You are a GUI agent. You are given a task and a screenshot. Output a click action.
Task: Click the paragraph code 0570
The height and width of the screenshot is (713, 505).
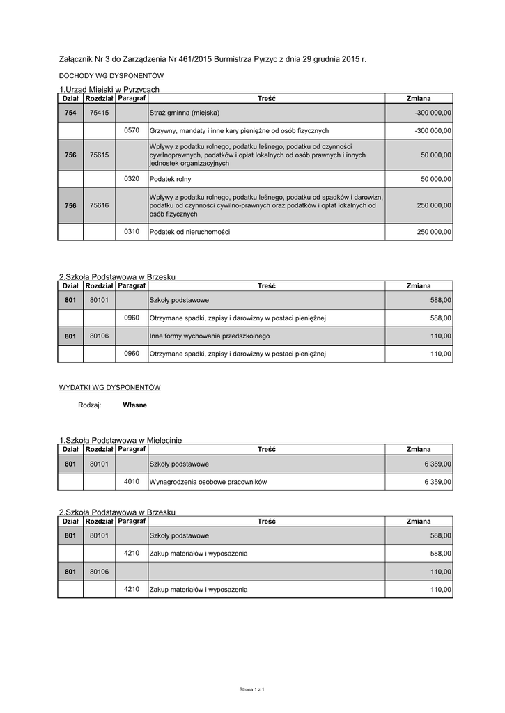tap(132, 130)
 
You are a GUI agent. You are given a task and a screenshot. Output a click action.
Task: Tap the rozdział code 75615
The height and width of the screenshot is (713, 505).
tap(99, 155)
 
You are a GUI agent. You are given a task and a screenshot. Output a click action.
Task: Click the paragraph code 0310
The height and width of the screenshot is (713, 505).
tap(132, 231)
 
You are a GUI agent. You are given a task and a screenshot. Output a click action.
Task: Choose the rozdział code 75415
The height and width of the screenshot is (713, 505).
tap(99, 113)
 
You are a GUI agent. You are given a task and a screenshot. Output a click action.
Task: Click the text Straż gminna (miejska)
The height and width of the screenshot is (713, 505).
tap(185, 113)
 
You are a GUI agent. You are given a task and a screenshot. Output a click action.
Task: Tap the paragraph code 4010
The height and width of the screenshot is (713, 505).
tap(132, 481)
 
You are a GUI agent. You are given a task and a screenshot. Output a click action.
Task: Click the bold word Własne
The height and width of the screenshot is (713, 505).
tap(134, 405)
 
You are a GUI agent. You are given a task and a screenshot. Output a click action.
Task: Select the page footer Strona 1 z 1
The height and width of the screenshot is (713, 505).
tap(252, 689)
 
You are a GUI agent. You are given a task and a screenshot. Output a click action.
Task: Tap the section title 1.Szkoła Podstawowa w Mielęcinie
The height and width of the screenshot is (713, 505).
tap(120, 440)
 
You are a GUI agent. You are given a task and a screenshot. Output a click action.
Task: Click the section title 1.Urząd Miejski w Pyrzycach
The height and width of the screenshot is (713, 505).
tap(109, 89)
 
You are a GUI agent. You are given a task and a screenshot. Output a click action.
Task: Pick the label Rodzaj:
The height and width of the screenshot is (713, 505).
tap(90, 405)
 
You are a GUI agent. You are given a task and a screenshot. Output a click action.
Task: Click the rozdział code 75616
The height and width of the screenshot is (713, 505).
tap(99, 206)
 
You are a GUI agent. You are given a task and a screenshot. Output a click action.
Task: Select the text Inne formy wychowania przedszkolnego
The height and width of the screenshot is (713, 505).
tap(210, 336)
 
